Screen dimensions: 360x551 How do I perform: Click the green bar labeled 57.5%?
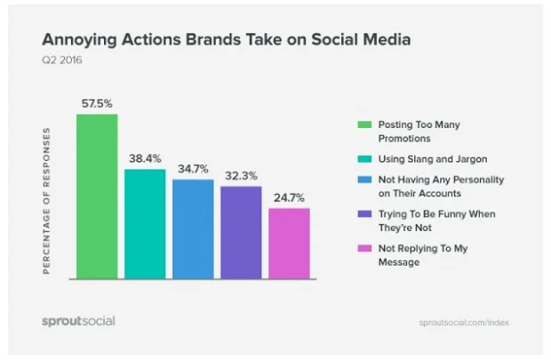pos(97,196)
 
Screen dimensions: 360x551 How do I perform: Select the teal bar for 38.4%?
pos(145,223)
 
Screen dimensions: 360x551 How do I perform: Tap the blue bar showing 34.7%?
pos(193,228)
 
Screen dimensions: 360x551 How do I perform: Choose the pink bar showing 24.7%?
pos(289,243)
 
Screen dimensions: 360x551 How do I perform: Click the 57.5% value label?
pos(97,103)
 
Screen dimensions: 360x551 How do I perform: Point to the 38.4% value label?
pos(145,158)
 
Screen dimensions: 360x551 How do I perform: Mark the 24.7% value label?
pos(289,197)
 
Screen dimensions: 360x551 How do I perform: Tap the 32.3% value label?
pos(241,176)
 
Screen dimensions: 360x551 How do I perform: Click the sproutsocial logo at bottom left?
pos(78,320)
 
